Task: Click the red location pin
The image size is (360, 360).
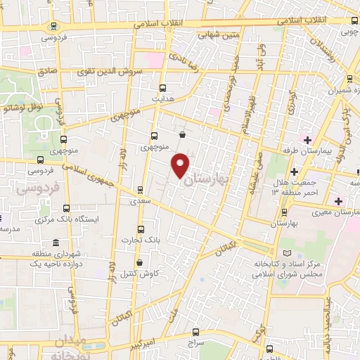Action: point(181,165)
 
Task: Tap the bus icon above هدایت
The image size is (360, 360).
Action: point(163,88)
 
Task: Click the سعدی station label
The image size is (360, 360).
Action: point(141,201)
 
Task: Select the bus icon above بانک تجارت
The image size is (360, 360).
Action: point(141,229)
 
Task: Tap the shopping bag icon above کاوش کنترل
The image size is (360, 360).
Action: point(139,263)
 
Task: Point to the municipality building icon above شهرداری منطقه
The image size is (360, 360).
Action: point(56,242)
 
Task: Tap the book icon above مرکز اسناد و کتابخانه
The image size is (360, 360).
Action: point(285,253)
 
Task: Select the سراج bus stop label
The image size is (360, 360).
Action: point(195,342)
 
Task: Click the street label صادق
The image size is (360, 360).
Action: point(47,71)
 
